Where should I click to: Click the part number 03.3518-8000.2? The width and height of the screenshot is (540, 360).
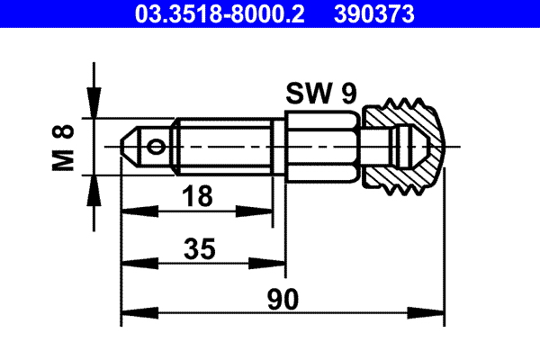click(x=220, y=14)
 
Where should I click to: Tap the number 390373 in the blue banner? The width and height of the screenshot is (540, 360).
click(x=374, y=14)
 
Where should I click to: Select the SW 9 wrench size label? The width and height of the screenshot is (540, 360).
click(x=321, y=93)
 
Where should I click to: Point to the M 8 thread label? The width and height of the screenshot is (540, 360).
click(x=63, y=148)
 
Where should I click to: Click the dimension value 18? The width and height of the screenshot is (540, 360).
click(x=197, y=196)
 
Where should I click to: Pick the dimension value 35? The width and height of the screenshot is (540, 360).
click(x=200, y=248)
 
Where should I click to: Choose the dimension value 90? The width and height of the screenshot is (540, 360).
click(x=283, y=300)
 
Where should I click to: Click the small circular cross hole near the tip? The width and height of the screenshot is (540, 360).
click(x=156, y=147)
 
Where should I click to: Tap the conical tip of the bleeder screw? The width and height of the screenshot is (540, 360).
click(x=129, y=147)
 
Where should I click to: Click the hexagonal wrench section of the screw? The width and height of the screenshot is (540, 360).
click(x=322, y=147)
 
